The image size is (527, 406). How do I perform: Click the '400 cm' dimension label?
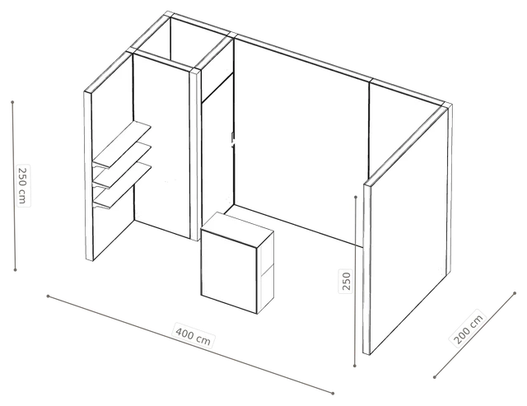[x=194, y=335]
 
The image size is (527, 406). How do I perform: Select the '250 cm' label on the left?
[x=22, y=185]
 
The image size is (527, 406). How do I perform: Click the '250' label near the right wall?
[x=346, y=280]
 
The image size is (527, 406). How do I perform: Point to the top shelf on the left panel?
[x=122, y=144]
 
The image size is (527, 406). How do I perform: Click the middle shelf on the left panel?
[x=122, y=165]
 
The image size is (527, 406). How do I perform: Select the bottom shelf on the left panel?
[x=122, y=185]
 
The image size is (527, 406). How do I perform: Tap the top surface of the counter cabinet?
[x=237, y=229]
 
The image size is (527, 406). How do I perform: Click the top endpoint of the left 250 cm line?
[x=12, y=102]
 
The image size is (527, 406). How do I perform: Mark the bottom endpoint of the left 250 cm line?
[x=15, y=269]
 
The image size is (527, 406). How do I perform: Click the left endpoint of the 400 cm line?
[x=48, y=296]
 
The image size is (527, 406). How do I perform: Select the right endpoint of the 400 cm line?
[x=333, y=393]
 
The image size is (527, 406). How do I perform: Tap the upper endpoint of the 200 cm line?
[x=515, y=293]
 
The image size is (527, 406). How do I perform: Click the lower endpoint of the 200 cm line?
[x=434, y=377]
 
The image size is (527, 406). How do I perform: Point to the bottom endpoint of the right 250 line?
[x=355, y=366]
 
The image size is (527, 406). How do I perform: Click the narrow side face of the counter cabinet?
[x=266, y=273]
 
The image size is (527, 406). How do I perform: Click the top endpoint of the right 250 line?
[x=356, y=197]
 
